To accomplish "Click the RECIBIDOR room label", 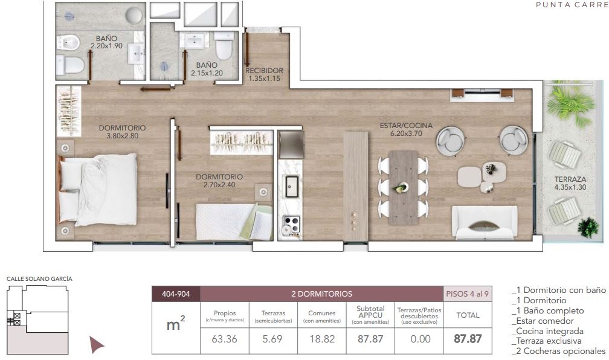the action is (264, 74).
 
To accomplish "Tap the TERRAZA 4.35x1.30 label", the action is (570, 183).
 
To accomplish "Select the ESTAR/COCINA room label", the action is (406, 129).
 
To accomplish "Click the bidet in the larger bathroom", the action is (68, 42).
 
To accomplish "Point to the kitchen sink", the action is (292, 187).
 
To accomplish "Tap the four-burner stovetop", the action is (291, 225).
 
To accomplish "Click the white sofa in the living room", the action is (485, 223).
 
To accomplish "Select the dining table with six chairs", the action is (403, 187).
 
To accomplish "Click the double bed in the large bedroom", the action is (97, 190).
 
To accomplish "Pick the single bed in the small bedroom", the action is (234, 222).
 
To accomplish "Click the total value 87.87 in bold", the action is (468, 339).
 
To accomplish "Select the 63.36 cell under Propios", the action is (225, 339).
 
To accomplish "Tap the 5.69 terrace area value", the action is (272, 339).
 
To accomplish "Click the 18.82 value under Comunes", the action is (322, 339).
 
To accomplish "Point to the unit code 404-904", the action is (176, 294).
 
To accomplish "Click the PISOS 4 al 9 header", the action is (467, 294).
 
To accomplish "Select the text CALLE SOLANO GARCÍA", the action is (39, 279).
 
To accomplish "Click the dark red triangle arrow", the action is (96, 345).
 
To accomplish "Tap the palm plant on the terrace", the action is (570, 102).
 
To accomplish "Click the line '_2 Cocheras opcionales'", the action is (558, 351).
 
